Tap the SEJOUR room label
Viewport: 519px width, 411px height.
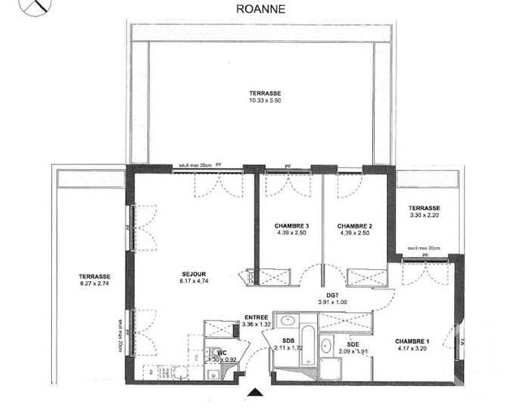click(193, 273)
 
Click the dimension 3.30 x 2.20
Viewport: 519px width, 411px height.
click(424, 216)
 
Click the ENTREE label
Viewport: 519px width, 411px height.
click(256, 317)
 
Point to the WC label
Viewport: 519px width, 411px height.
click(220, 352)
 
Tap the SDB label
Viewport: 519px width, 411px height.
click(288, 340)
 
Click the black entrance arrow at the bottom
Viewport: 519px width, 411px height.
click(255, 394)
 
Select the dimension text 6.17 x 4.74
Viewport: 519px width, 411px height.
click(193, 281)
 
